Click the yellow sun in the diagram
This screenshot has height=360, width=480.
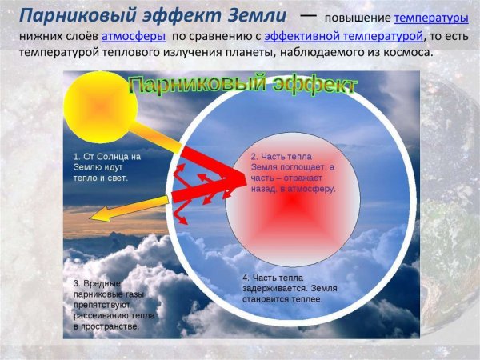pyautogui.click(x=101, y=107)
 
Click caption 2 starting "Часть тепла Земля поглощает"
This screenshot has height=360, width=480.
pyautogui.click(x=293, y=173)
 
